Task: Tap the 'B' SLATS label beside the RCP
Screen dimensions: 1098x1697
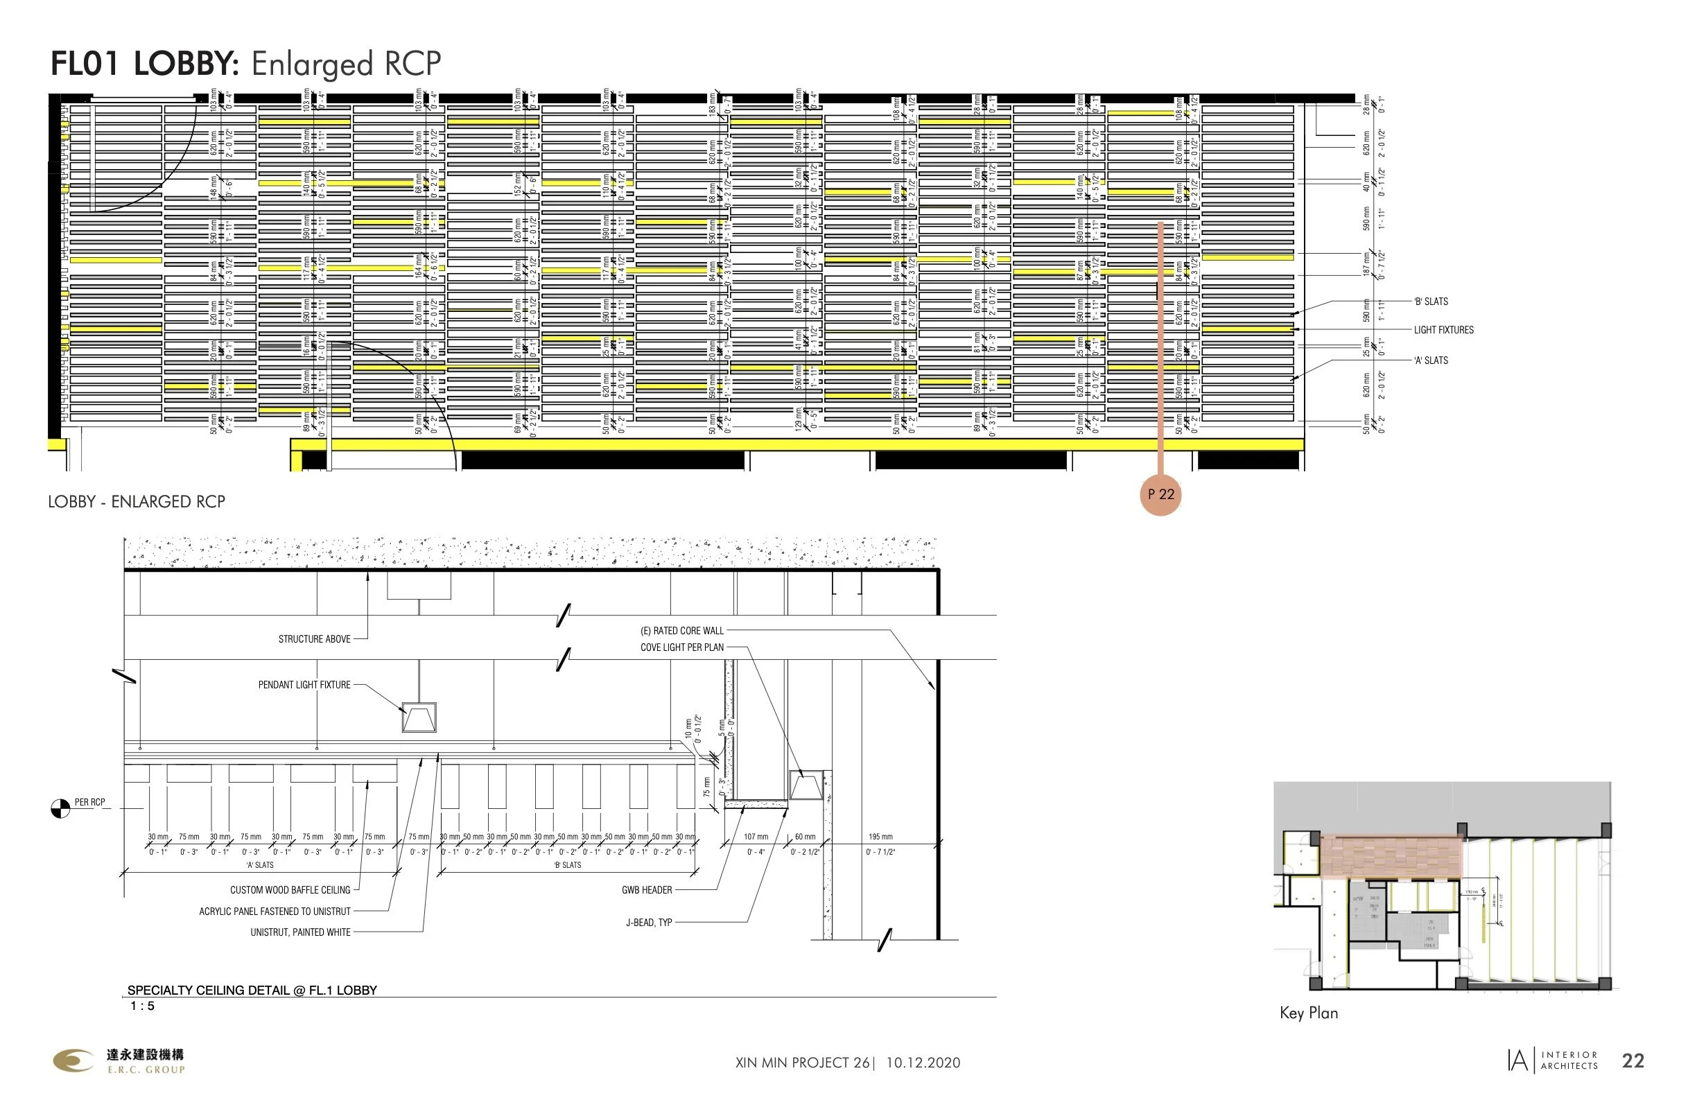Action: (x=1430, y=302)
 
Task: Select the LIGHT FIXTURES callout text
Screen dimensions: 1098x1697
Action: (x=1443, y=330)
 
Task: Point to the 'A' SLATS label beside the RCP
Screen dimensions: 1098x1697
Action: (x=1430, y=360)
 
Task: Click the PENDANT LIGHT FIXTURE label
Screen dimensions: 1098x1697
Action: (x=304, y=685)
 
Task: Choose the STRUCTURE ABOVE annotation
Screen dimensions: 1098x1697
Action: (x=314, y=640)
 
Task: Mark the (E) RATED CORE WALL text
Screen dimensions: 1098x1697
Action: (x=681, y=631)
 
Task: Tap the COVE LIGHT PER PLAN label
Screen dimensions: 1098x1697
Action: (x=681, y=647)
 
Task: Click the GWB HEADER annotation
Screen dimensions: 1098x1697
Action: (x=647, y=890)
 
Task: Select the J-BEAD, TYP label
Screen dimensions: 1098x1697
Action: (x=649, y=923)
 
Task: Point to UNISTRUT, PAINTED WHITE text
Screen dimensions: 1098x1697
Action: (x=300, y=932)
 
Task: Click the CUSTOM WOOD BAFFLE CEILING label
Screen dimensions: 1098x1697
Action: (x=290, y=891)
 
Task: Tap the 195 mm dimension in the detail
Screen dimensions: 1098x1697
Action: (x=880, y=837)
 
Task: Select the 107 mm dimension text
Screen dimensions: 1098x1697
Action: (x=756, y=837)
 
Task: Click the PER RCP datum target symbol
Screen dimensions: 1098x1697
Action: (x=60, y=808)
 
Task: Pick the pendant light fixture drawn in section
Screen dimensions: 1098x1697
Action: (x=419, y=717)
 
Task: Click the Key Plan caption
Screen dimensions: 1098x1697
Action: (x=1308, y=1013)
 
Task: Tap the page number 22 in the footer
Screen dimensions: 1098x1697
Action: (x=1633, y=1061)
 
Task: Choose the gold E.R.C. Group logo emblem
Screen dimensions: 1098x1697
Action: (x=73, y=1060)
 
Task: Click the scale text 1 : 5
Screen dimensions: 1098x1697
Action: (x=142, y=1006)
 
